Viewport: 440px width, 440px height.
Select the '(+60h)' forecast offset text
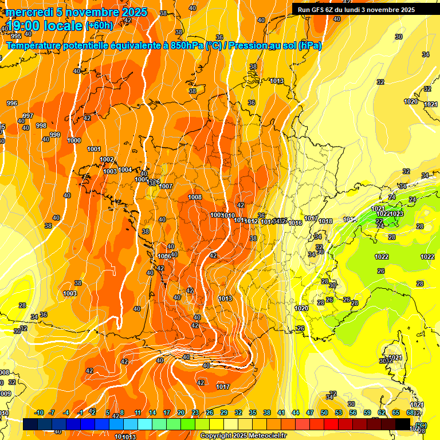tap(99, 25)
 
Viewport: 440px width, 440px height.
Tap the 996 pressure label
tap(11, 103)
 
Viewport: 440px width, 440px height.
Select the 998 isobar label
tap(41, 125)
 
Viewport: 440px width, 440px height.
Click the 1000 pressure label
tap(74, 140)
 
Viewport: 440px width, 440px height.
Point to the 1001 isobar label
tap(94, 149)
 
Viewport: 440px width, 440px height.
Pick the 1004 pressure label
tap(125, 170)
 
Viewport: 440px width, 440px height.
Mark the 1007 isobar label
tap(166, 186)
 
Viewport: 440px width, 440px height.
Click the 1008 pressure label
tap(195, 197)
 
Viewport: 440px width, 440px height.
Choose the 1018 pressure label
tap(325, 221)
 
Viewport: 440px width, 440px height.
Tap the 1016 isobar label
tap(296, 223)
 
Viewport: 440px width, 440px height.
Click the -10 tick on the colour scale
tap(40, 412)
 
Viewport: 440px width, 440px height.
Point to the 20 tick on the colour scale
tap(180, 412)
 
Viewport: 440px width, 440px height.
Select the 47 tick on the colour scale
tap(310, 412)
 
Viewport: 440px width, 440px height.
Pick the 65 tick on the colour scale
tap(396, 412)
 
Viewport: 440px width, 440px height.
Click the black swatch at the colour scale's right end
tap(403, 424)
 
